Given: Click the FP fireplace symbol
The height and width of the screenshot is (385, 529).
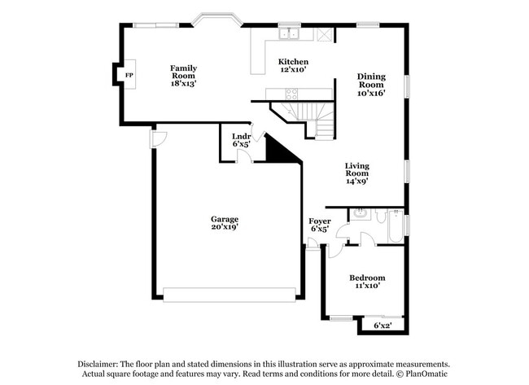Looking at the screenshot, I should [128, 76].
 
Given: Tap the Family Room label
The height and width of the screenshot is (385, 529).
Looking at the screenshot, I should [183, 75].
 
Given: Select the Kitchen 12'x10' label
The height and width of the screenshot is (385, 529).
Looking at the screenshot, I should [293, 66].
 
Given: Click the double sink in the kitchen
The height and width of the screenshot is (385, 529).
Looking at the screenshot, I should [288, 35].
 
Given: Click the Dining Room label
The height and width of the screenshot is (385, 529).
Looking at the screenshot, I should [371, 85].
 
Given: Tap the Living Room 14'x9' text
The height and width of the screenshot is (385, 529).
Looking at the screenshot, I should [356, 173].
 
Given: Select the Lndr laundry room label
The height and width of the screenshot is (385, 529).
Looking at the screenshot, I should [241, 140].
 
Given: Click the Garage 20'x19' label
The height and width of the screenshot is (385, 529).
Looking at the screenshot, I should [225, 223].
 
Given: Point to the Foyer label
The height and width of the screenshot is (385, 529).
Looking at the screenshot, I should [319, 225].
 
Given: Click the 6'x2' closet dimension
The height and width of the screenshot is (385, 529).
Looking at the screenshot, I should [383, 326].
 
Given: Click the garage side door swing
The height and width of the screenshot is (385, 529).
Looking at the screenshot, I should [157, 139].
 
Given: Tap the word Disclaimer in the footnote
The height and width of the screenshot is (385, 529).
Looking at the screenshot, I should [98, 365].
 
